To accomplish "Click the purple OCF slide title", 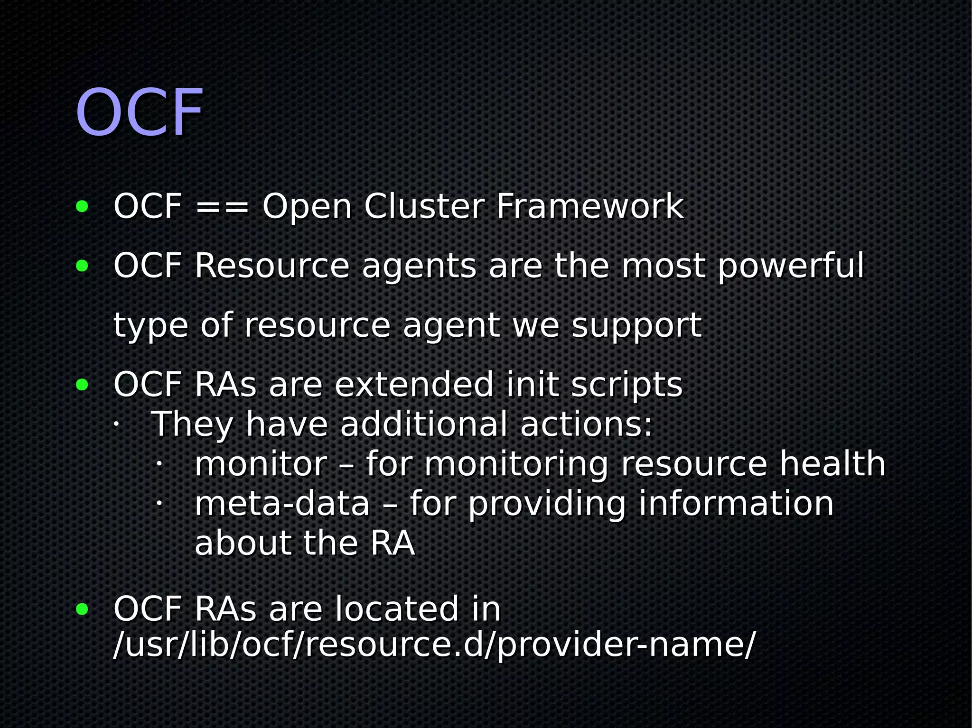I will (140, 113).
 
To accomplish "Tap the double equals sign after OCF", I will (222, 207).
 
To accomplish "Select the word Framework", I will (589, 207).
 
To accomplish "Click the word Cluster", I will (424, 207).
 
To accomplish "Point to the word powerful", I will (791, 267).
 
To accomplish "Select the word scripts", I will (626, 385).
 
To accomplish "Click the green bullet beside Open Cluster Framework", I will (82, 207).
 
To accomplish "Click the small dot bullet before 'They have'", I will (115, 424).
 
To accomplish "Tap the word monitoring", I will (516, 465).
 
